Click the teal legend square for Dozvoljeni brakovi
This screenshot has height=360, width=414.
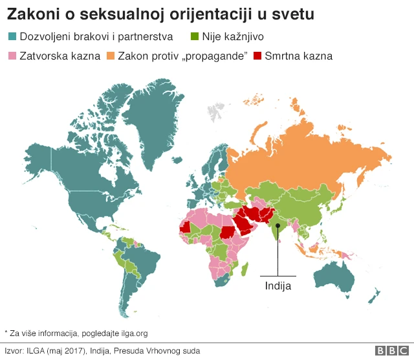[x=12, y=36]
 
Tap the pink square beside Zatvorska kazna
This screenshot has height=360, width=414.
[x=12, y=56]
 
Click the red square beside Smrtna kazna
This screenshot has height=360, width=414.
[x=259, y=56]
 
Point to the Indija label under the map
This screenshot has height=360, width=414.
[x=278, y=285]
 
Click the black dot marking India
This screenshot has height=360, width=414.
[x=278, y=226]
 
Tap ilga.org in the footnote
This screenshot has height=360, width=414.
[x=133, y=333]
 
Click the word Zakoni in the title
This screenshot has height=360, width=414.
[x=29, y=13]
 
